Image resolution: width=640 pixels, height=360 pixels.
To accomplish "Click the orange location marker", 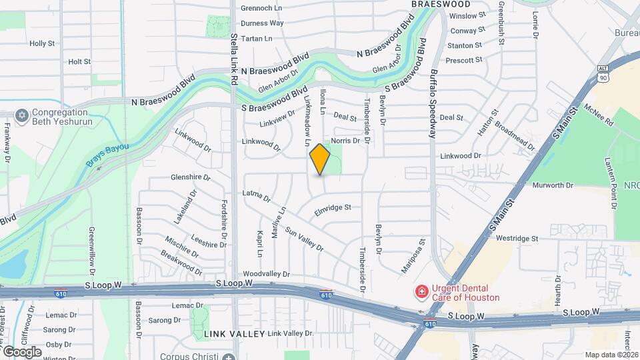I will (x=320, y=159).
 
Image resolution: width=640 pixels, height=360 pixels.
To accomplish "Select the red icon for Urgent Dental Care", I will (x=421, y=291).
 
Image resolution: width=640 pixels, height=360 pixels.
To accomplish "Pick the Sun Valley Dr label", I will (x=304, y=239).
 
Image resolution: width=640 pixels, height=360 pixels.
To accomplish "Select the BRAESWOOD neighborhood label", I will (x=441, y=4).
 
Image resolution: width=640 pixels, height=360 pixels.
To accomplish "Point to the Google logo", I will (x=21, y=351).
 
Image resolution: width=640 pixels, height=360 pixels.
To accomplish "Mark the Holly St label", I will (x=41, y=43).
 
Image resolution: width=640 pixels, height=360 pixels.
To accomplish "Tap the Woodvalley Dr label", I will (x=267, y=274).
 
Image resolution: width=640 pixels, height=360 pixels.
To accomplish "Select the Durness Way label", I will (x=262, y=23).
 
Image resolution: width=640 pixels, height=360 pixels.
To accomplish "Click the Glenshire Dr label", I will (x=191, y=178).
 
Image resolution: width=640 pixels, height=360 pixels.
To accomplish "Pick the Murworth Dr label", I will (x=553, y=185).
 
